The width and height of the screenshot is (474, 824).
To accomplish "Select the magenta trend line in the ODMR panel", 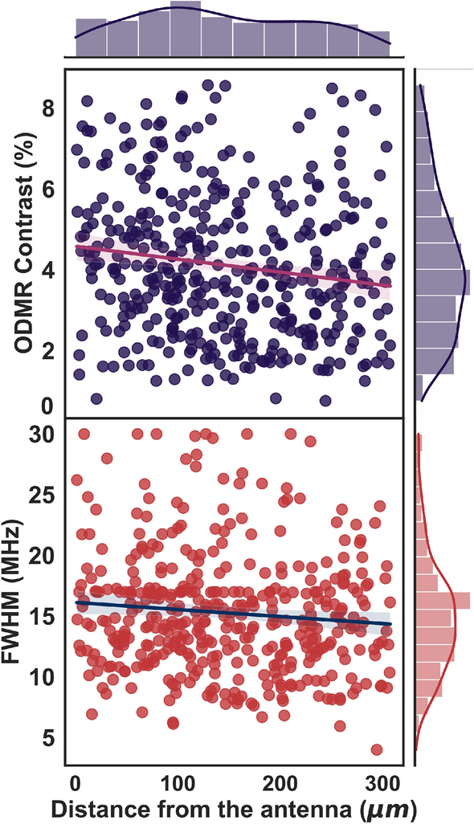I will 233,267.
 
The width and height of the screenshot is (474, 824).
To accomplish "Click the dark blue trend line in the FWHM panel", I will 233,613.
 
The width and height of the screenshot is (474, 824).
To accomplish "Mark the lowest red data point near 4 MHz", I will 376,749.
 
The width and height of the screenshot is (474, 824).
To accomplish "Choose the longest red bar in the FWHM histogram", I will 443,599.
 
